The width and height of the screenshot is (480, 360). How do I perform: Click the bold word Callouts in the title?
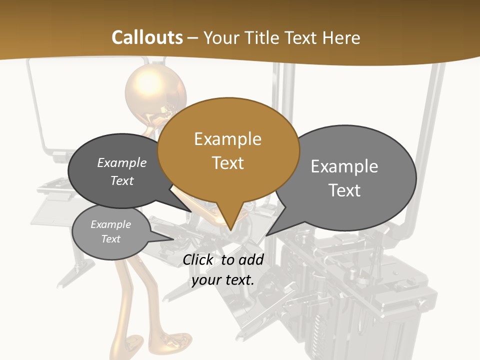click(x=147, y=37)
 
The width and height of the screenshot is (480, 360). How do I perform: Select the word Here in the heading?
click(x=341, y=37)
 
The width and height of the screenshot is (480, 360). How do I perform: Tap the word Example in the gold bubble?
click(x=227, y=138)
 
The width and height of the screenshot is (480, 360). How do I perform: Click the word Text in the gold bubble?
click(x=227, y=162)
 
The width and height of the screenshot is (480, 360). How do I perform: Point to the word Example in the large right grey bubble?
click(x=344, y=166)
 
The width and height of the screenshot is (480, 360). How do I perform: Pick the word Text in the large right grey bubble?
click(x=344, y=190)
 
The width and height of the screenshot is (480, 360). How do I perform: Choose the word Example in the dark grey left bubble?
click(x=122, y=162)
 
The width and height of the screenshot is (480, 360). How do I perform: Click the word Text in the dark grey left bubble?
click(x=122, y=180)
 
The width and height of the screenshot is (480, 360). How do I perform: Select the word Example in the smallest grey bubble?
click(x=110, y=224)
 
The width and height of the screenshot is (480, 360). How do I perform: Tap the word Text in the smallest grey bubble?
click(x=110, y=239)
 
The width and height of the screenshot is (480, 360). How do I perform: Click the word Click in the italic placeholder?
click(x=199, y=259)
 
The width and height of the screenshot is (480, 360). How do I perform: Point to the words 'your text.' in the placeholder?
click(x=223, y=280)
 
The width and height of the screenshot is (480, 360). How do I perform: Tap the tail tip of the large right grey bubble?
click(x=266, y=235)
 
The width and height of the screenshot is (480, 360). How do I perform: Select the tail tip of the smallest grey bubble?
click(x=173, y=239)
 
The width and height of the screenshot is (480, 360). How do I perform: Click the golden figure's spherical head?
click(x=155, y=90)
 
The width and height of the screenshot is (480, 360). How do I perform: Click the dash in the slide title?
click(x=193, y=38)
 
